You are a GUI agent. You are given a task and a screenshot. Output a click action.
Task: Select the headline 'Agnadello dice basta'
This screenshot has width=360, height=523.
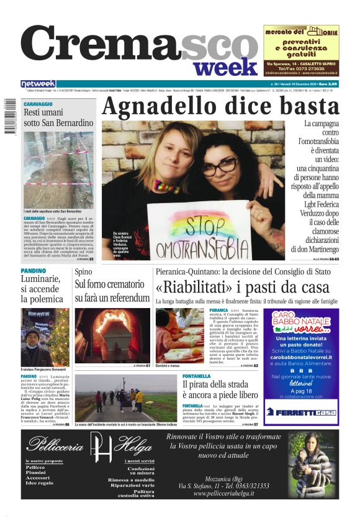pos(220,106)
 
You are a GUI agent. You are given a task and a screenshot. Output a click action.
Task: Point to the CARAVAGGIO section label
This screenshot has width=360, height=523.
pos(38,104)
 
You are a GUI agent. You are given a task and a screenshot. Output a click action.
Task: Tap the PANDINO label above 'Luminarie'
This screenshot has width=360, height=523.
pos(33,271)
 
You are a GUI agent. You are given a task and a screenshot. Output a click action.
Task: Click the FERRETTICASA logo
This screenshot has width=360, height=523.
pos(301,412)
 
